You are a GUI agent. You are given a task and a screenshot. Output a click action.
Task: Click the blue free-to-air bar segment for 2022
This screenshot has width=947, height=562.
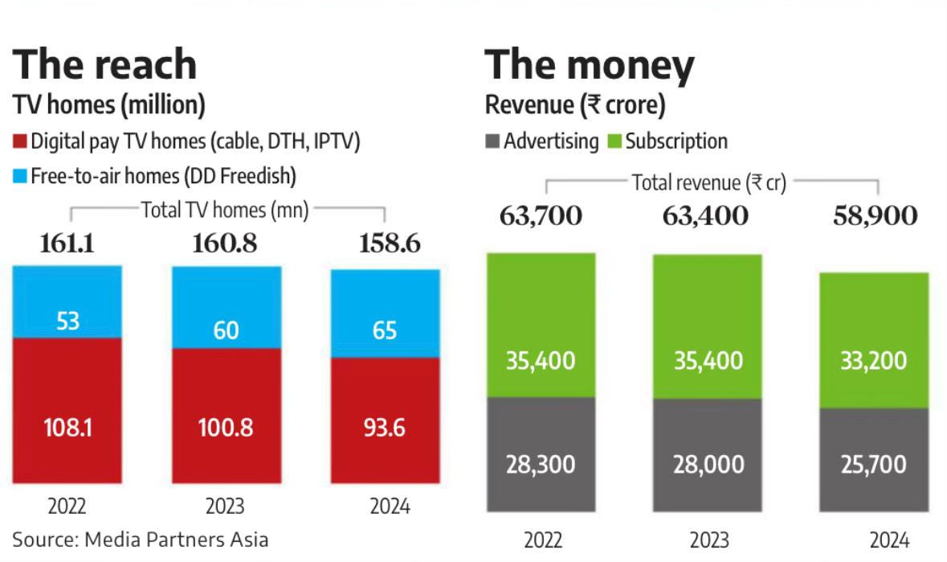tap(67, 302)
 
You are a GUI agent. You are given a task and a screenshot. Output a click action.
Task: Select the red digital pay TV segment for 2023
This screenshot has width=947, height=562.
tap(226, 416)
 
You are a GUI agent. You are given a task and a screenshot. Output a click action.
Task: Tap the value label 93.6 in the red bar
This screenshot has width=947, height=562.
tap(385, 428)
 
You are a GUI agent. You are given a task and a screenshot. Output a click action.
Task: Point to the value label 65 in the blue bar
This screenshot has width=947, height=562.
tap(385, 330)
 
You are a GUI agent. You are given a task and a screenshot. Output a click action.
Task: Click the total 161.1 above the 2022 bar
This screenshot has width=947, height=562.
tap(67, 243)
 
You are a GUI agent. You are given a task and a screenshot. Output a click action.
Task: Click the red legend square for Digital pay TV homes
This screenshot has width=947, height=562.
tap(20, 142)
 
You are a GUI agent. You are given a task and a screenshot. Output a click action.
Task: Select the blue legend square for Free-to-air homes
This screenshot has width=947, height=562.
tap(20, 175)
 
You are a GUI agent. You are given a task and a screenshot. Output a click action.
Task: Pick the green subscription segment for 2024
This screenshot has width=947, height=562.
tap(874, 340)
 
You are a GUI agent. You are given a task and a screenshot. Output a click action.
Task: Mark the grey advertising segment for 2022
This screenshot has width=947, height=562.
tap(541, 454)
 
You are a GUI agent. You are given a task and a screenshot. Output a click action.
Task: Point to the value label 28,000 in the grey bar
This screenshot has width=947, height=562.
tap(708, 465)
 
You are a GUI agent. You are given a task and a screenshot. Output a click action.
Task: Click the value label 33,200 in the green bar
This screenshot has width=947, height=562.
tap(875, 360)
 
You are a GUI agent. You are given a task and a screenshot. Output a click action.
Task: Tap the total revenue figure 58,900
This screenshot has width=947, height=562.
tap(874, 215)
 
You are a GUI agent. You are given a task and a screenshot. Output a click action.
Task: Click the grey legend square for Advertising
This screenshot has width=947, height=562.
tap(492, 142)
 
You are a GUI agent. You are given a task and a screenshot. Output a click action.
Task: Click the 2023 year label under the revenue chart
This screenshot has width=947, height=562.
tap(708, 539)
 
